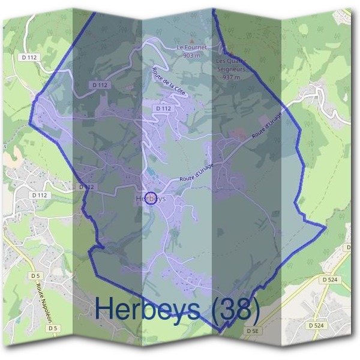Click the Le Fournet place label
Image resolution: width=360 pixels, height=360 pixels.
click(191, 47)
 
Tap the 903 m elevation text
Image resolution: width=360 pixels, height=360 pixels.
click(191, 55)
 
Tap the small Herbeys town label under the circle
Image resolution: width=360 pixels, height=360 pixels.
click(150, 199)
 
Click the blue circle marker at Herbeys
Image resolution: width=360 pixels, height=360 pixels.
click(151, 199)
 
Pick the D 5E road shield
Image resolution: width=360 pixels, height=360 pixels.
click(252, 330)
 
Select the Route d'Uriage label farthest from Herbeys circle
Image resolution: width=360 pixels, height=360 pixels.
click(266, 128)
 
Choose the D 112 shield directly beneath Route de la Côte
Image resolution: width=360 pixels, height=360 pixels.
click(163, 108)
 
